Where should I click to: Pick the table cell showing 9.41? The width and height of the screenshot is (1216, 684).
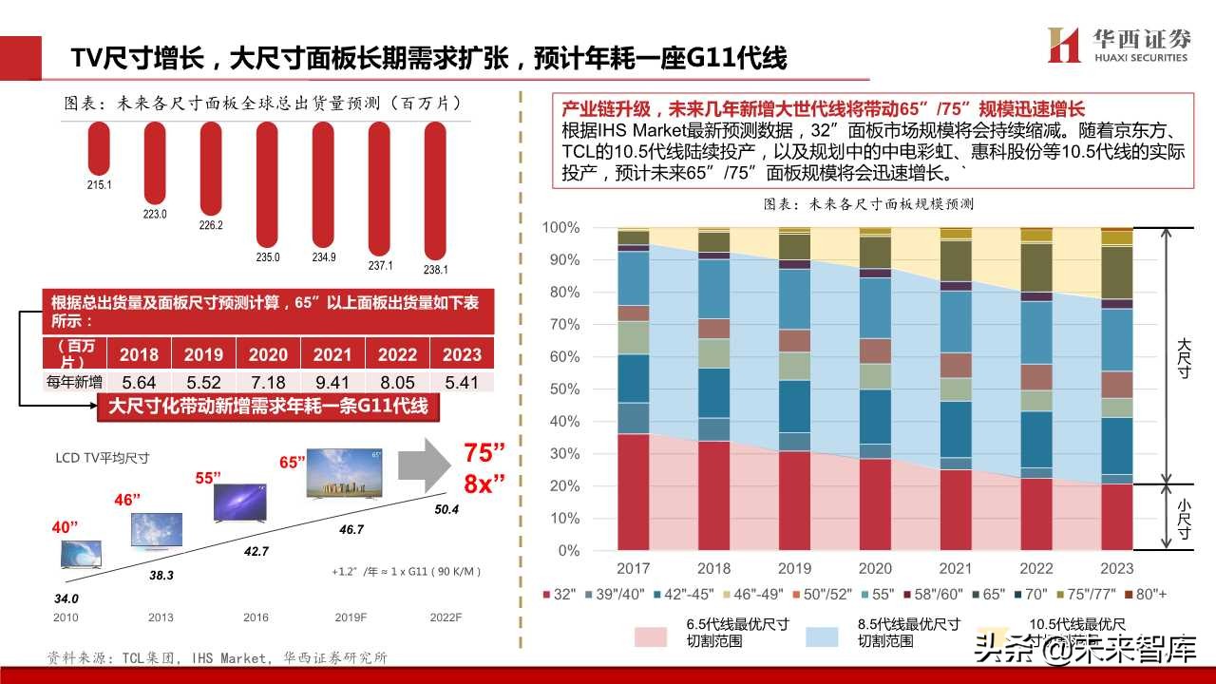click(x=332, y=382)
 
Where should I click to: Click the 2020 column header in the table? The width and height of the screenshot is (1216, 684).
click(x=268, y=354)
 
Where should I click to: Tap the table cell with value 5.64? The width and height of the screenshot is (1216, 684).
click(x=139, y=382)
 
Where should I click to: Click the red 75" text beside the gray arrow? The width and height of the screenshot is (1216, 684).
click(x=484, y=451)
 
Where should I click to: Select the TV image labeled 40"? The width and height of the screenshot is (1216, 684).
click(x=81, y=554)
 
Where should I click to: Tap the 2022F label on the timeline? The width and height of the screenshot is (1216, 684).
click(x=445, y=617)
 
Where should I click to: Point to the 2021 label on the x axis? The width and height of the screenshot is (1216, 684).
click(x=956, y=568)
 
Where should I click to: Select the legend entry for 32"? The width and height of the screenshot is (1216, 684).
click(x=560, y=595)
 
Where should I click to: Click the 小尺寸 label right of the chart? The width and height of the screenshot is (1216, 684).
click(x=1184, y=519)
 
